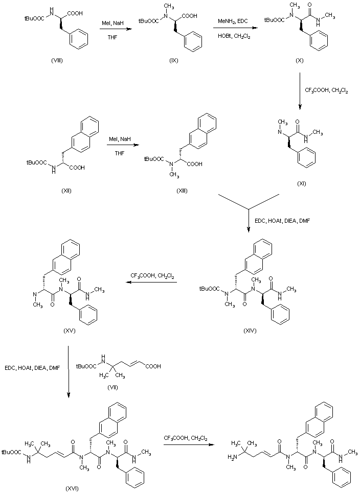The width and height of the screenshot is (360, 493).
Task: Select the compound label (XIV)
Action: (x=250, y=331)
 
